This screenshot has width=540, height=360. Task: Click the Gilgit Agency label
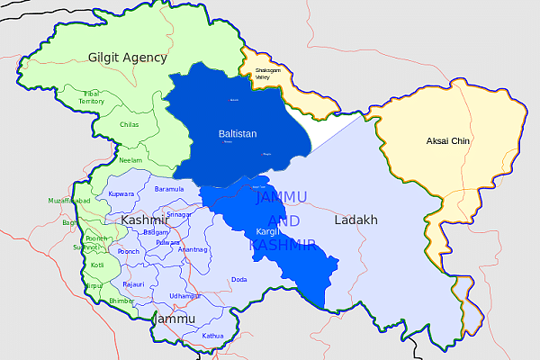pyautogui.click(x=127, y=58)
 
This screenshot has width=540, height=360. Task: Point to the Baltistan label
pyautogui.click(x=238, y=134)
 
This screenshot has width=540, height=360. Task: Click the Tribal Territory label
pyautogui.click(x=91, y=97)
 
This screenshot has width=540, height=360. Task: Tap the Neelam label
pyautogui.click(x=130, y=159)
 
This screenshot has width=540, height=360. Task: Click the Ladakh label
pyautogui.click(x=355, y=220)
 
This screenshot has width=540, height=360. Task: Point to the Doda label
pyautogui.click(x=238, y=280)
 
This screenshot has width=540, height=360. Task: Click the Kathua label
pyautogui.click(x=212, y=336)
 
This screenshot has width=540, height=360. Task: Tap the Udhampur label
pyautogui.click(x=184, y=296)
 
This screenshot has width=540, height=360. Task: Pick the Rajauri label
pyautogui.click(x=133, y=284)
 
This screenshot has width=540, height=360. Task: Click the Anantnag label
pyautogui.click(x=193, y=249)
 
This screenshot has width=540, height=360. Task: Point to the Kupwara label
pyautogui.click(x=121, y=194)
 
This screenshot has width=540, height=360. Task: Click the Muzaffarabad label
pyautogui.click(x=68, y=201)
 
